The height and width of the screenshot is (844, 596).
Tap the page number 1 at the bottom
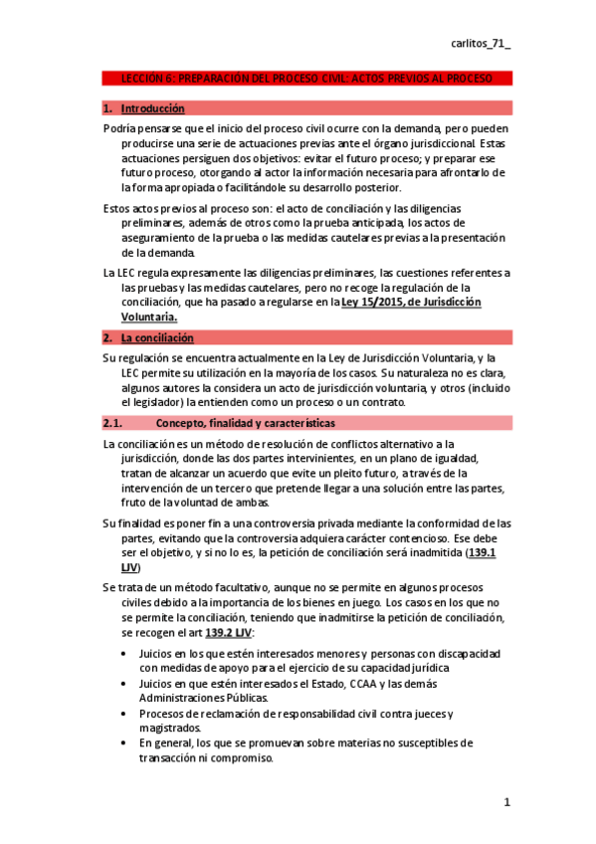pyautogui.click(x=506, y=802)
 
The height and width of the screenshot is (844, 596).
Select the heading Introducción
pyautogui.click(x=152, y=108)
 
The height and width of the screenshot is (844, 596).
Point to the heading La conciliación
pyautogui.click(x=156, y=338)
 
